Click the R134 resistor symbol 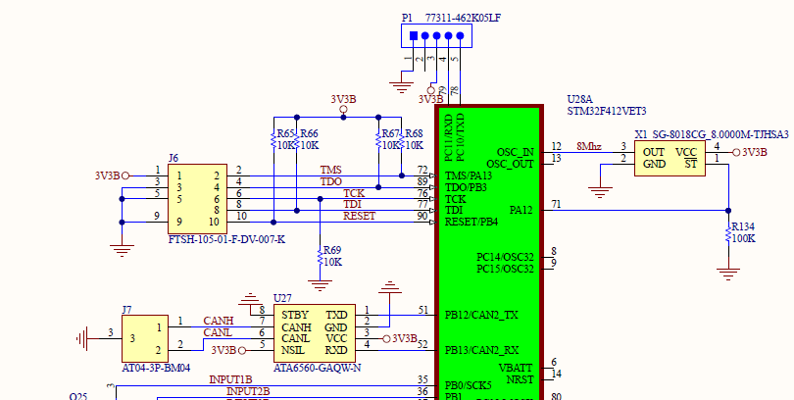[x=727, y=233]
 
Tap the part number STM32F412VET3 [x=607, y=112]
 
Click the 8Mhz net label [x=588, y=146]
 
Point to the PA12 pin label [x=521, y=210]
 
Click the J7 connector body [x=143, y=336]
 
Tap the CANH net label [x=218, y=321]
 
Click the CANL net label [x=218, y=333]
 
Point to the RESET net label [x=360, y=216]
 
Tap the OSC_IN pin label [x=515, y=151]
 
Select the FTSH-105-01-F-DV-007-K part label [x=224, y=239]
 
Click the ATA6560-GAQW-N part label [x=316, y=368]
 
